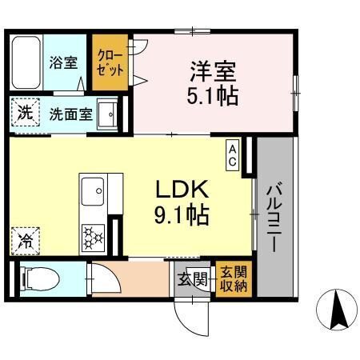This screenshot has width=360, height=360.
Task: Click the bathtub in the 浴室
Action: (x=26, y=62)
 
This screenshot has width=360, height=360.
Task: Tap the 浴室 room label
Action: (x=63, y=62)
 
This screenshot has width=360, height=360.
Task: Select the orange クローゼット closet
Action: (x=110, y=62)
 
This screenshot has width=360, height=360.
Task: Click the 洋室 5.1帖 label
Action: (x=212, y=83)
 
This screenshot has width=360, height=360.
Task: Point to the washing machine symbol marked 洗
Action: (x=26, y=113)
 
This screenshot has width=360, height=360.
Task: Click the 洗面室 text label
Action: (x=71, y=114)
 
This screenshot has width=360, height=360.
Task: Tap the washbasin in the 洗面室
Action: (x=107, y=114)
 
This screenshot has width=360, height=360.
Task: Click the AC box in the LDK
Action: (x=233, y=155)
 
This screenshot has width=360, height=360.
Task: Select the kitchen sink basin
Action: (x=93, y=191)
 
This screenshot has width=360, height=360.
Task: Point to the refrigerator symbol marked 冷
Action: (x=26, y=242)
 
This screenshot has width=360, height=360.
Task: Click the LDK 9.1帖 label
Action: (x=182, y=202)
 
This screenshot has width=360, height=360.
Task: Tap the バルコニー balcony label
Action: (x=275, y=216)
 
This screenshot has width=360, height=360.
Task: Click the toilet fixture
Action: (x=40, y=278)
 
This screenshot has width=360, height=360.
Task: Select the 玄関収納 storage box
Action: (x=234, y=278)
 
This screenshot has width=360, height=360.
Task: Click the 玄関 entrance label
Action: (x=193, y=279)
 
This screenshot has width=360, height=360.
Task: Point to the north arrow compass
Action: (x=337, y=310)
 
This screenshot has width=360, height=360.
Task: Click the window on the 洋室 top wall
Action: (x=193, y=31)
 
